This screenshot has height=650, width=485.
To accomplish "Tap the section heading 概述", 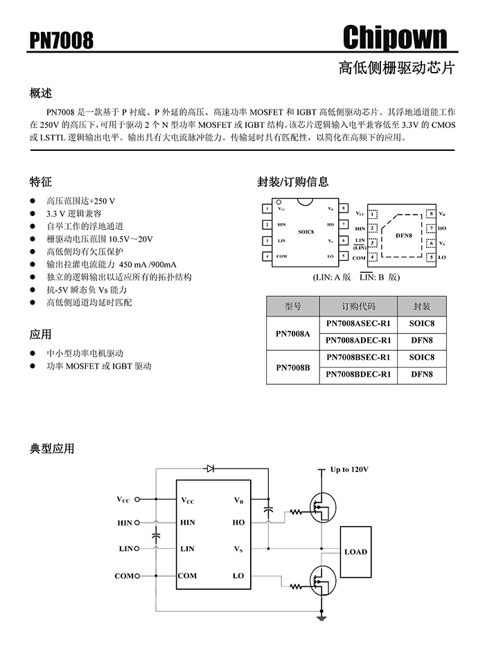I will click(x=41, y=93).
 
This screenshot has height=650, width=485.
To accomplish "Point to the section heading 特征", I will click(x=41, y=182).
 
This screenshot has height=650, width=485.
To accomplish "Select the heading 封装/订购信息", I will click(x=292, y=182).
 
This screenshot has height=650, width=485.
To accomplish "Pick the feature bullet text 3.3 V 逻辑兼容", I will click(x=74, y=213).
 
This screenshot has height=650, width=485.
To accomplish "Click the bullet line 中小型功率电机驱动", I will click(x=85, y=353).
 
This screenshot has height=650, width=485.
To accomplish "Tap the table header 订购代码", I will click(x=358, y=306).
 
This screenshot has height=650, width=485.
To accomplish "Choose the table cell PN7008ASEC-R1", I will click(x=358, y=323).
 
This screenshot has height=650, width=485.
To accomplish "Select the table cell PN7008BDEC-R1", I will click(x=358, y=374).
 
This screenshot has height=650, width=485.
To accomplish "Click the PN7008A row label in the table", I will click(x=292, y=332).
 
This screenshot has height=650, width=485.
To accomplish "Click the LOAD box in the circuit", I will click(x=356, y=552).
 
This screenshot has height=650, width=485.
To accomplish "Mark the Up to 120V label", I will click(x=349, y=469).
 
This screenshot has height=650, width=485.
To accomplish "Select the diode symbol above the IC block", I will click(x=209, y=469).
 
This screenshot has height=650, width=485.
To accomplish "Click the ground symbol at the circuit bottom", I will click(x=321, y=613).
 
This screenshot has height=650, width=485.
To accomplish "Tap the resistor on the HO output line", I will click(x=297, y=513).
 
